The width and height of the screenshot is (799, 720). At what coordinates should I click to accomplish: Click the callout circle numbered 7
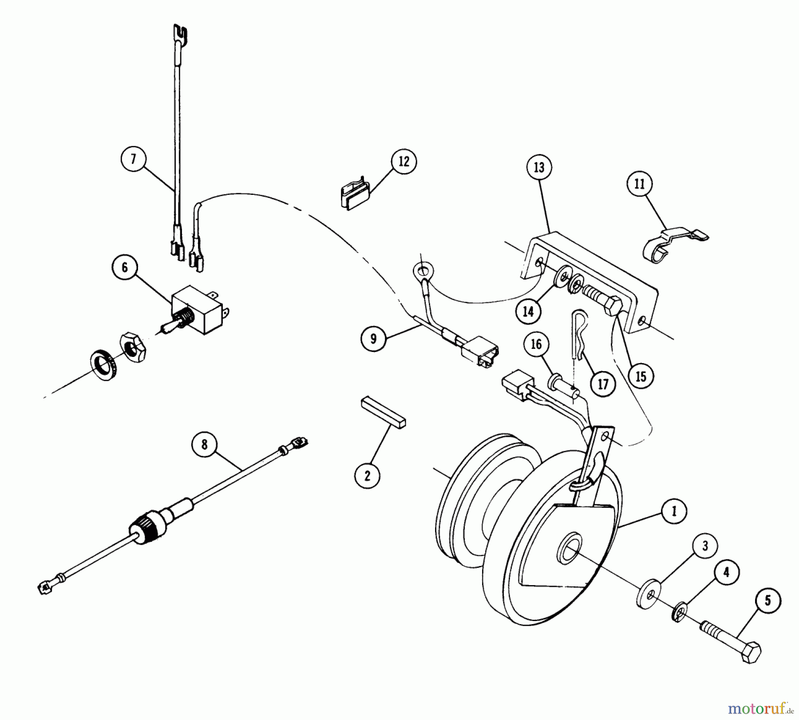pos(133,158)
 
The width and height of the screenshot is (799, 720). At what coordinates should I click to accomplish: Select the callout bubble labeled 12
pos(403,161)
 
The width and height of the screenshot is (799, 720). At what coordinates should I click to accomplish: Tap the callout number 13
pos(539,167)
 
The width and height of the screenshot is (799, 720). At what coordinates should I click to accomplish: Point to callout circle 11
pos(639,183)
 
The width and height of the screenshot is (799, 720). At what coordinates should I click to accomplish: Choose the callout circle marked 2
pos(367,475)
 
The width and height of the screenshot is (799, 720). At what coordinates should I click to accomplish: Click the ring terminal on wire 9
pos(419,269)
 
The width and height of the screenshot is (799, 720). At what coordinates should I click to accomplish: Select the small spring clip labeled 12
pos(355,196)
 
